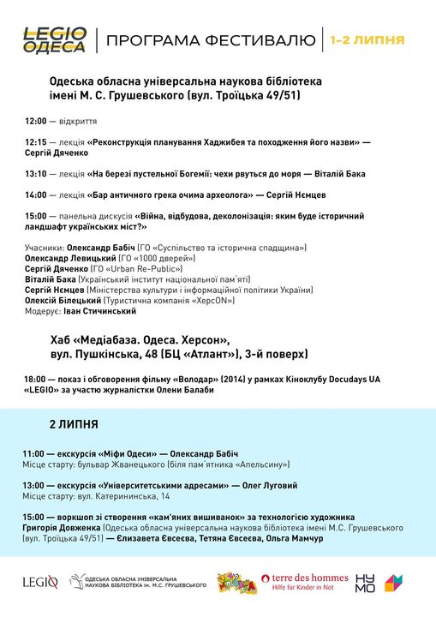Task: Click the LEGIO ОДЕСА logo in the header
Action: [55, 39]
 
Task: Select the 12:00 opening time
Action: [35, 122]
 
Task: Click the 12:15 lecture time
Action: [35, 141]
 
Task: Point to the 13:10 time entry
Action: [35, 173]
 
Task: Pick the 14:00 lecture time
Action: [35, 195]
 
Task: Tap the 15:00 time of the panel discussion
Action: [35, 216]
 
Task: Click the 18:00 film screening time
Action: [35, 378]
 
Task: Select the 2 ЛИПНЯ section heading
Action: [74, 424]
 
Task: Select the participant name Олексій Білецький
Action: [62, 301]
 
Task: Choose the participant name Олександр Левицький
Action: [70, 257]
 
